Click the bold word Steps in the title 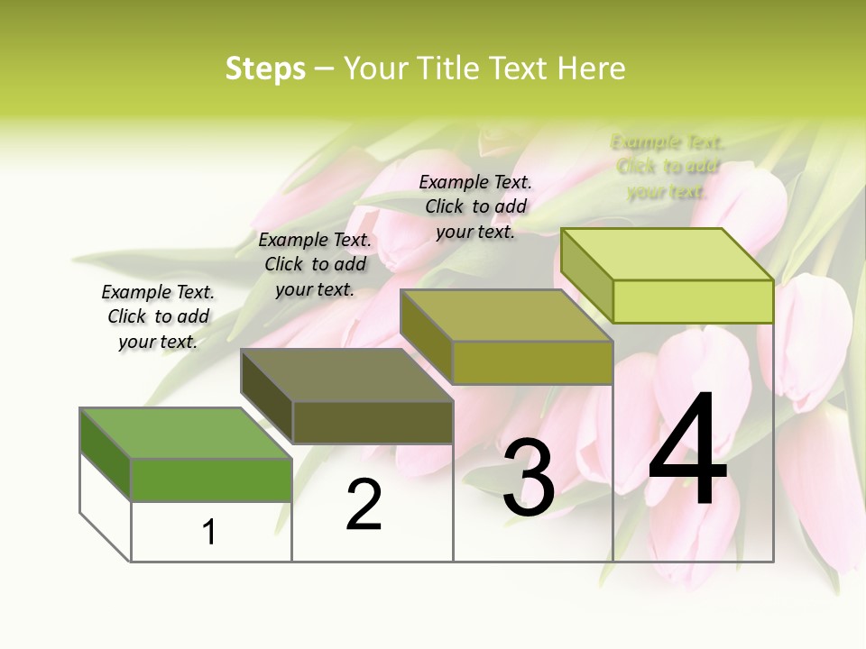[265, 69]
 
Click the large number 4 [687, 451]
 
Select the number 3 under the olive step [529, 479]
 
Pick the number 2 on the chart [364, 505]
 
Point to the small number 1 [209, 532]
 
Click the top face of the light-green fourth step [668, 254]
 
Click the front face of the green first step [211, 480]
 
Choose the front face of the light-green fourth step [693, 301]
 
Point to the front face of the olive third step [532, 362]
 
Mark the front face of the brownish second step [373, 422]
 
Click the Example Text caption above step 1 [158, 316]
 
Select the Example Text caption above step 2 [315, 264]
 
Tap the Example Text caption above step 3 [475, 206]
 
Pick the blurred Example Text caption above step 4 [668, 167]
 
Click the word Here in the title [592, 69]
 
